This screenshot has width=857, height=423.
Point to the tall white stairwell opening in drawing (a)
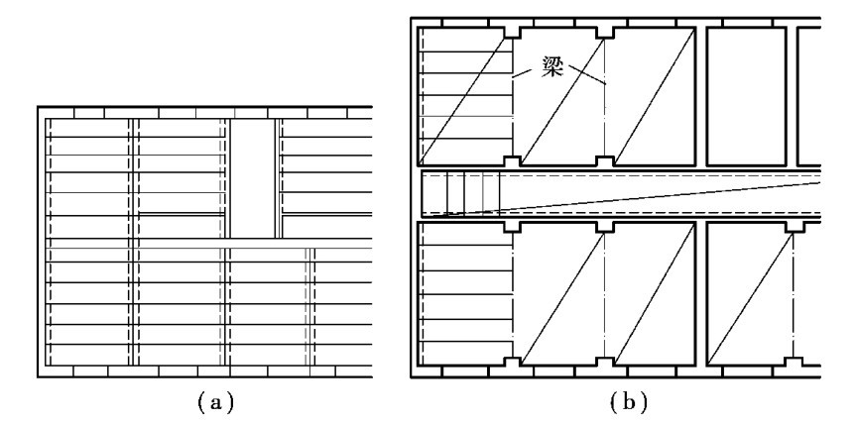(x=254, y=178)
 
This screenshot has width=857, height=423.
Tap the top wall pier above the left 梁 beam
(x=512, y=31)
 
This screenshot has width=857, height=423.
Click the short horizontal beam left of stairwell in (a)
(x=182, y=214)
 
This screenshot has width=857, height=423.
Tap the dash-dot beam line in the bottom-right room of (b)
(x=794, y=292)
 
